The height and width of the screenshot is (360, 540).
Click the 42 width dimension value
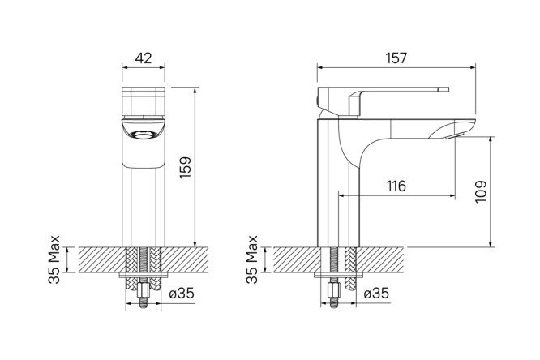[x=143, y=58]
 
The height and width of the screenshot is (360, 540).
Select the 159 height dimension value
[x=185, y=168]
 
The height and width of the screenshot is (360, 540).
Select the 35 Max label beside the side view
[x=252, y=260]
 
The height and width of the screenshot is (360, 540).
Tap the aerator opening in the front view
[x=144, y=133]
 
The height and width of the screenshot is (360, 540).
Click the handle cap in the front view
[x=143, y=100]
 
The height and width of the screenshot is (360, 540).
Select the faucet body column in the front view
[x=143, y=199]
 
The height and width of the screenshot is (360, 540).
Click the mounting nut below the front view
[x=143, y=289]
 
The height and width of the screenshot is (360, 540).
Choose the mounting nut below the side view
[x=332, y=289]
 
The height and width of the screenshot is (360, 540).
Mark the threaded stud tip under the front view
[x=143, y=305]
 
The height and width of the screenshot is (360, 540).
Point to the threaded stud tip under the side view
[x=332, y=305]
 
